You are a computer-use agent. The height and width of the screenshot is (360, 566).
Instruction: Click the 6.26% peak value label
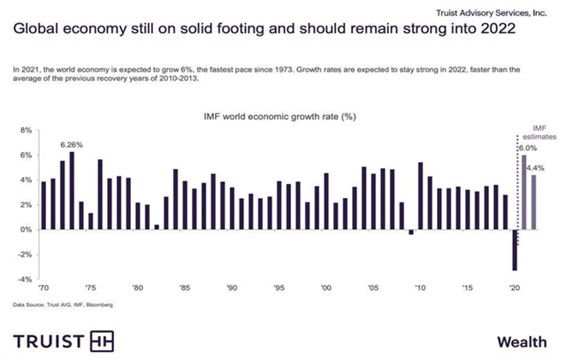71,144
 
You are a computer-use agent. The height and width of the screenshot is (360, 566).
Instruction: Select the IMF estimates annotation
538,133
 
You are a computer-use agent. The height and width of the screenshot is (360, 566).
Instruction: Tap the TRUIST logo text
50,341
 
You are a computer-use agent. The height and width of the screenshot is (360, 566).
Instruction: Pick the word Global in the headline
36,28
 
